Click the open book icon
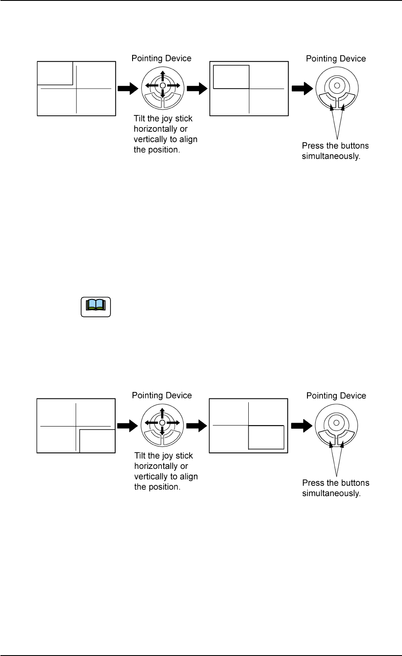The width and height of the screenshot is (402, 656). pos(96,306)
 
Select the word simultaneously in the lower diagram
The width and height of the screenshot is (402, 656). pos(331,493)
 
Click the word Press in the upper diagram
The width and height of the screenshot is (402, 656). pos(313,146)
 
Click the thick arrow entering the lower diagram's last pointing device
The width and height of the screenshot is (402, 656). pos(301,426)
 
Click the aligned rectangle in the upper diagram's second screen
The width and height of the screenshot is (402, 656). pos(231,77)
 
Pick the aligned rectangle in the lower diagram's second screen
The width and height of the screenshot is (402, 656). pos(266,437)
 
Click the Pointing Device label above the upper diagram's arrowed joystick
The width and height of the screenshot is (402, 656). pos(161,58)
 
